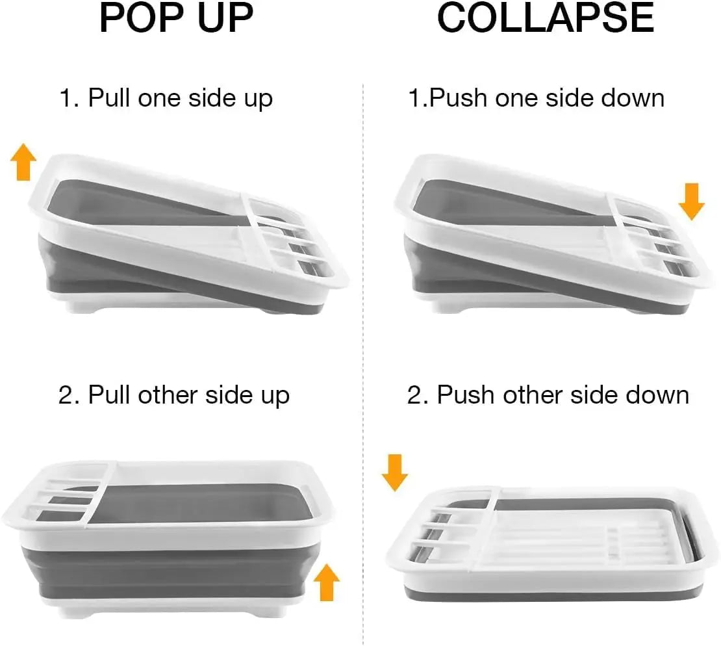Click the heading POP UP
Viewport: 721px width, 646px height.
click(176, 19)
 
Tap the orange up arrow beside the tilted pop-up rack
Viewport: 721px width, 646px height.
click(24, 162)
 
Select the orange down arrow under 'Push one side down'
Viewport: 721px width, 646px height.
click(691, 201)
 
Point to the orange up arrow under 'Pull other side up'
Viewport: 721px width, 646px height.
click(327, 582)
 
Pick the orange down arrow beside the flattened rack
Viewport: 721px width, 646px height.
click(394, 472)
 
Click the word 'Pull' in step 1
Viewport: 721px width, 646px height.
click(110, 98)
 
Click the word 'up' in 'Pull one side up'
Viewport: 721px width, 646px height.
click(259, 99)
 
